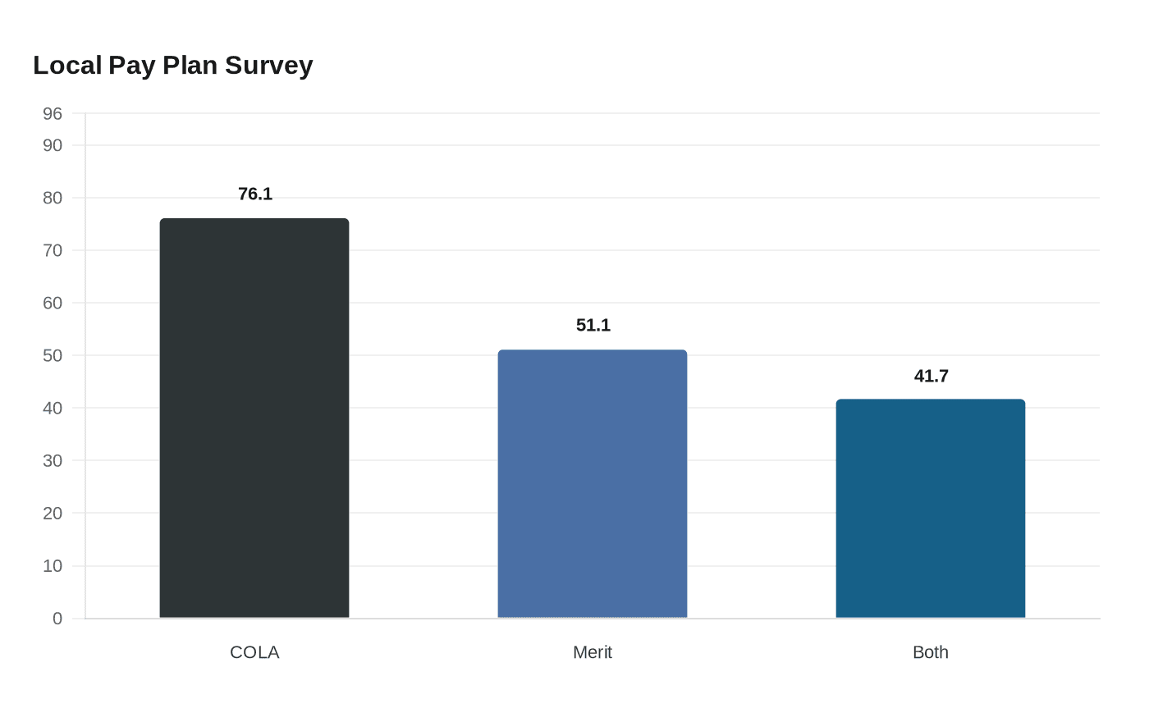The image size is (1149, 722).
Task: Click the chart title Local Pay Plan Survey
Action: click(x=173, y=66)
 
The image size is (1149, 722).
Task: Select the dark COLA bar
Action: click(x=254, y=418)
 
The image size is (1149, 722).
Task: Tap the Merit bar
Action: click(x=593, y=483)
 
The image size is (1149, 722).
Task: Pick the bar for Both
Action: click(x=931, y=508)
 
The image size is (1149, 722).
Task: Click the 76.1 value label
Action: click(x=255, y=194)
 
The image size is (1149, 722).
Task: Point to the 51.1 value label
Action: click(x=593, y=325)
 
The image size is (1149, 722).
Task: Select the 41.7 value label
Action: click(x=931, y=376)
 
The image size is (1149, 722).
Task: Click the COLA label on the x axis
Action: click(x=254, y=652)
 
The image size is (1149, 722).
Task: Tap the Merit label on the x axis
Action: click(x=593, y=652)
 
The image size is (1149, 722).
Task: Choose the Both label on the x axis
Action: click(x=931, y=652)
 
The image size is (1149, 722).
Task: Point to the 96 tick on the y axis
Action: click(x=53, y=113)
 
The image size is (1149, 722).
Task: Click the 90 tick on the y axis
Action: click(x=53, y=145)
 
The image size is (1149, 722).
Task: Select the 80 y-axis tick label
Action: click(x=53, y=198)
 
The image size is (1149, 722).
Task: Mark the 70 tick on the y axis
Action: click(x=53, y=250)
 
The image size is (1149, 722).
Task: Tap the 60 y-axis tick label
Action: click(x=53, y=303)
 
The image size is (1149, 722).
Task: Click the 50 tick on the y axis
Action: click(x=53, y=355)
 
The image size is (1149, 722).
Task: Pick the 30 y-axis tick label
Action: click(x=53, y=460)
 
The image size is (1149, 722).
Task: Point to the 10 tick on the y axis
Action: click(x=53, y=565)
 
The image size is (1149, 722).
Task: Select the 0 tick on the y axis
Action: click(x=57, y=618)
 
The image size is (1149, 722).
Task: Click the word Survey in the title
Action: click(x=269, y=66)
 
